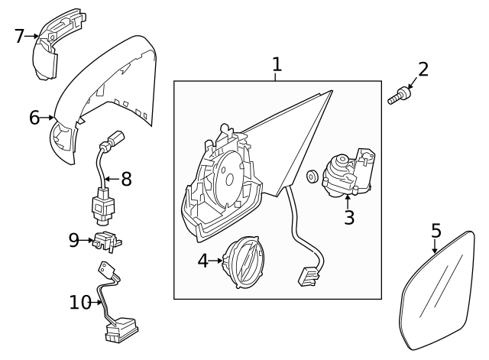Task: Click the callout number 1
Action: click(277, 64)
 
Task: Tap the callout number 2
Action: click(423, 70)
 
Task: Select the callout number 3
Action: click(349, 217)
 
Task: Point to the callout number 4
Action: click(202, 261)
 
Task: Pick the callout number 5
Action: click(436, 230)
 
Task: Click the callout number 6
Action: click(34, 118)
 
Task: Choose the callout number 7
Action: click(20, 35)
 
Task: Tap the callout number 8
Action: click(126, 179)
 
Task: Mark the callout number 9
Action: click(73, 240)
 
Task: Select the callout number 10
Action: click(79, 303)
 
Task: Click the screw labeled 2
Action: click(398, 97)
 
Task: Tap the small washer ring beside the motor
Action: click(313, 178)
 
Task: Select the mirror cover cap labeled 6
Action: click(107, 92)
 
